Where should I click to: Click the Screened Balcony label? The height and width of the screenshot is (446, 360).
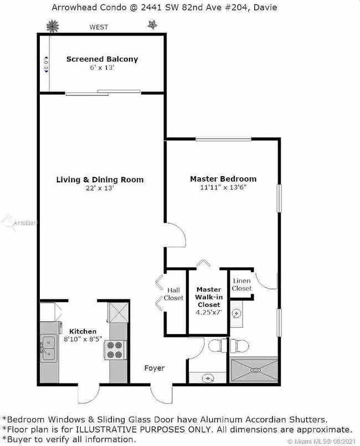click(102, 59)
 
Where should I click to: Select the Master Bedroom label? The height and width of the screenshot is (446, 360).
click(223, 179)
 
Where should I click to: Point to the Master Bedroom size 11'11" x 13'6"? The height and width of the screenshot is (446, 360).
click(223, 188)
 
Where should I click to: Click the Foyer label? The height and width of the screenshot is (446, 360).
click(154, 368)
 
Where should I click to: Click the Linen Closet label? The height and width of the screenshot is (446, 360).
click(242, 285)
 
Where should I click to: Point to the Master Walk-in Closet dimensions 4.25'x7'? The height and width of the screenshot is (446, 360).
click(208, 312)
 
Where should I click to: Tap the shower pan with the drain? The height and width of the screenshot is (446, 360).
click(254, 370)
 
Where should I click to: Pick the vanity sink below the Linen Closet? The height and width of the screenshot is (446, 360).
click(236, 314)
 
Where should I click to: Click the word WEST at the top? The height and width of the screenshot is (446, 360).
click(99, 27)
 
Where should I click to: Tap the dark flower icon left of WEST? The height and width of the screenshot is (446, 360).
click(53, 25)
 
